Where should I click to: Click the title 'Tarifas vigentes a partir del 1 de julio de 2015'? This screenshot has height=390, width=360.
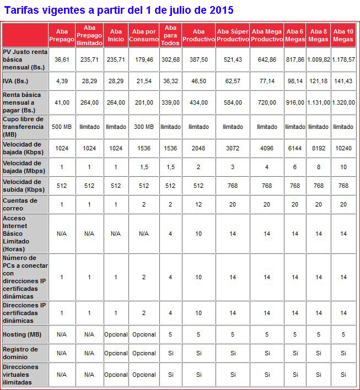click(x=119, y=10)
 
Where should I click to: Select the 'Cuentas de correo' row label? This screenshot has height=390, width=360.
click(x=20, y=204)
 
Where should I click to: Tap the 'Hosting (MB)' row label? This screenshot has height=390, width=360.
click(x=22, y=334)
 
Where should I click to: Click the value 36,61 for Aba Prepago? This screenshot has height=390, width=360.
click(x=61, y=59)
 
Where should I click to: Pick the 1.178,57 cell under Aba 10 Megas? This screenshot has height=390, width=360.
click(x=343, y=59)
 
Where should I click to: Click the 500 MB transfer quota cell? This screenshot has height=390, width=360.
click(x=61, y=127)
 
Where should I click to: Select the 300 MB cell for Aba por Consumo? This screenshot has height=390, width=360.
click(x=143, y=127)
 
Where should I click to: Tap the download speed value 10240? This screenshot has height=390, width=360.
click(x=343, y=148)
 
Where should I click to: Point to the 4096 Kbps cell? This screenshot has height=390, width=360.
click(x=267, y=148)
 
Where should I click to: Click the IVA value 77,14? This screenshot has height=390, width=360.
click(x=267, y=81)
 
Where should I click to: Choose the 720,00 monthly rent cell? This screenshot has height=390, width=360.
click(x=267, y=102)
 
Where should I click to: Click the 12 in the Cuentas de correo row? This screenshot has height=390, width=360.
click(x=198, y=204)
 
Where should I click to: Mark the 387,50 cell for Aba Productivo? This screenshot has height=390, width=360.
click(x=198, y=59)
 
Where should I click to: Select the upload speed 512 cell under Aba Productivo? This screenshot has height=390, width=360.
click(x=198, y=186)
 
